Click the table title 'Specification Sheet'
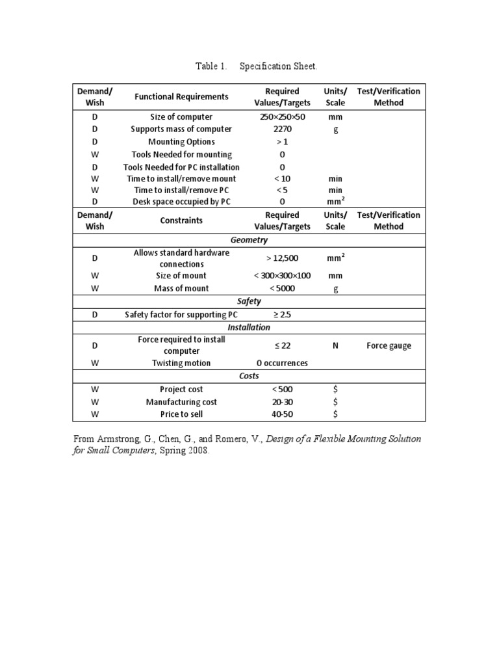pos(279,66)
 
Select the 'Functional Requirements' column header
pos(181,97)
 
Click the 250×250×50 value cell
pos(282,117)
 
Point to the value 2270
pos(282,129)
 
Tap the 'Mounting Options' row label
pos(181,142)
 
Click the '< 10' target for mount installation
pos(282,179)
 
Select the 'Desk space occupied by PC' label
pos(181,202)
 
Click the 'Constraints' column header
pos(181,220)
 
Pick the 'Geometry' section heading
pos(249,240)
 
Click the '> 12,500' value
pos(282,258)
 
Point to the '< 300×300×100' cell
pos(282,276)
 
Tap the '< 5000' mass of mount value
pos(282,288)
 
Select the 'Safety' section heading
pos(249,301)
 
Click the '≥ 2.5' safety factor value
pos(282,315)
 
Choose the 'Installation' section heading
pos(249,327)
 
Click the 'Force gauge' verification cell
pos(389,346)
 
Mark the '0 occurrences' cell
pos(282,364)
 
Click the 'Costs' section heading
pos(249,376)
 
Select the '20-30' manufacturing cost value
pos(282,402)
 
